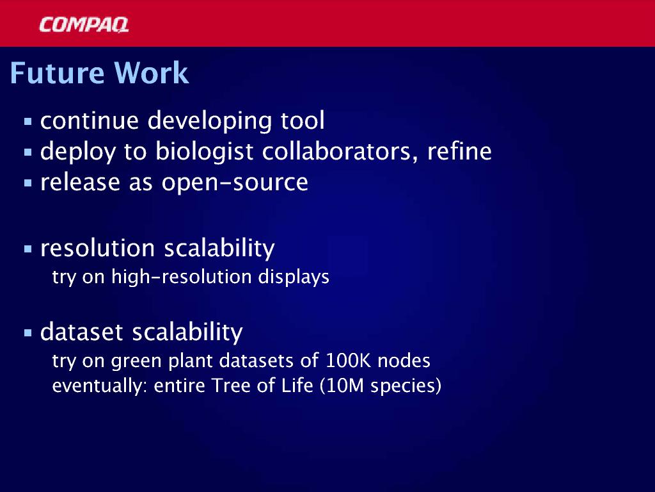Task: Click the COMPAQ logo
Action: coord(84,25)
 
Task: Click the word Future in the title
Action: coord(57,73)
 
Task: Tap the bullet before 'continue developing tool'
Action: coord(28,122)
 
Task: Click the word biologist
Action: coord(204,151)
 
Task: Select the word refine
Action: coord(459,151)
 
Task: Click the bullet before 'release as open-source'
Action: coord(28,183)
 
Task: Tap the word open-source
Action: coord(235,183)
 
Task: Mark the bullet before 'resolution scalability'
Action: coord(28,249)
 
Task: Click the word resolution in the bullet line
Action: coord(98,248)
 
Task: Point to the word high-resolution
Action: coord(181,277)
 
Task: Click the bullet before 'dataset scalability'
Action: coord(28,333)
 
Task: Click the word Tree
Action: coord(231,385)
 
